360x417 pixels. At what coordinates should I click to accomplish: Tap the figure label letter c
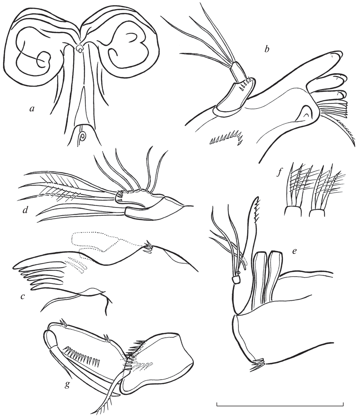[x=22, y=296]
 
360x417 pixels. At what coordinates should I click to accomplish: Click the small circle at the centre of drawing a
[x=80, y=49]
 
